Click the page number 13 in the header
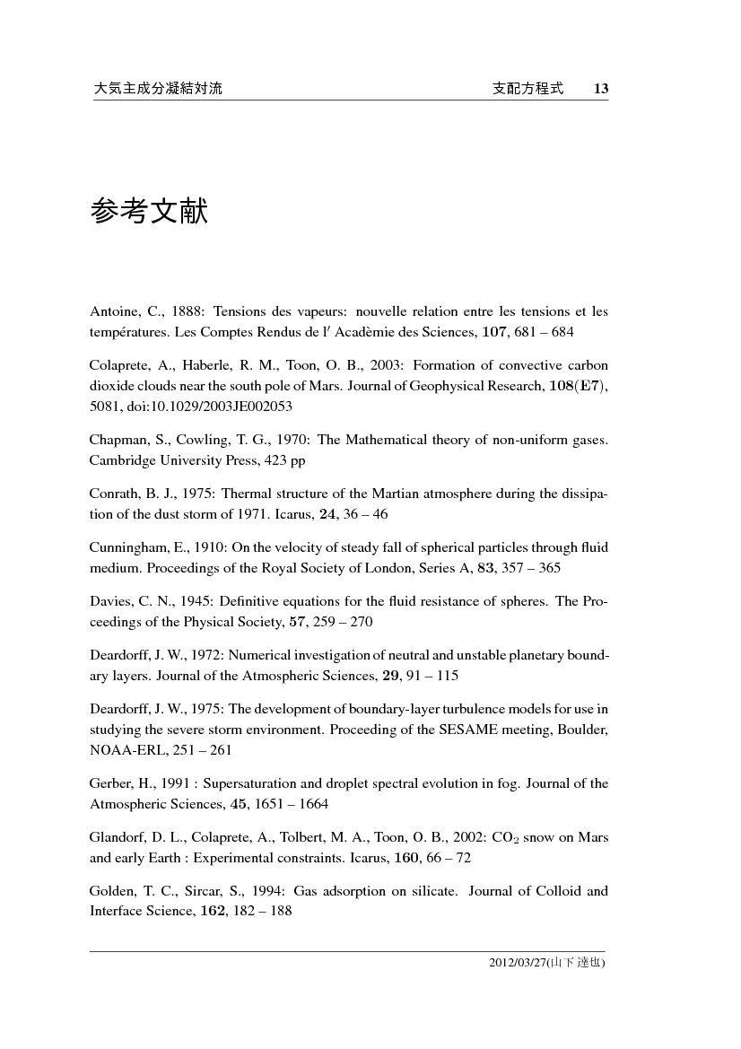coord(601,89)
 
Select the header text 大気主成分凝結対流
coord(158,89)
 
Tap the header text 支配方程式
coord(528,89)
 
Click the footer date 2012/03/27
coord(516,963)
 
